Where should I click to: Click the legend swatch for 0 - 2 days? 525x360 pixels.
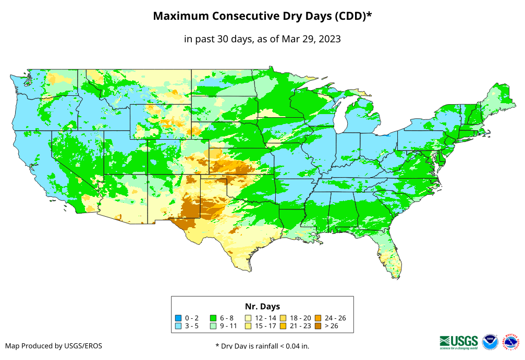point(178,318)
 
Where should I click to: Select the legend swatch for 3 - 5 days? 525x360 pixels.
point(178,326)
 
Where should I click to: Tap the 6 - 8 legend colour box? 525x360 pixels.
point(213,318)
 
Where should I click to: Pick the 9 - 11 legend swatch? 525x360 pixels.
point(213,326)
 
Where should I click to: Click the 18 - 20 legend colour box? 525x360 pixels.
point(283,318)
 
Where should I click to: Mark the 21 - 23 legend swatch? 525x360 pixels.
point(283,326)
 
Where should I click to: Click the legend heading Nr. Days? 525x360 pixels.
point(262,306)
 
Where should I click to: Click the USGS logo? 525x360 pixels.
point(459,341)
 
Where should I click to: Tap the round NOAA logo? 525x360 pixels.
point(491,342)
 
